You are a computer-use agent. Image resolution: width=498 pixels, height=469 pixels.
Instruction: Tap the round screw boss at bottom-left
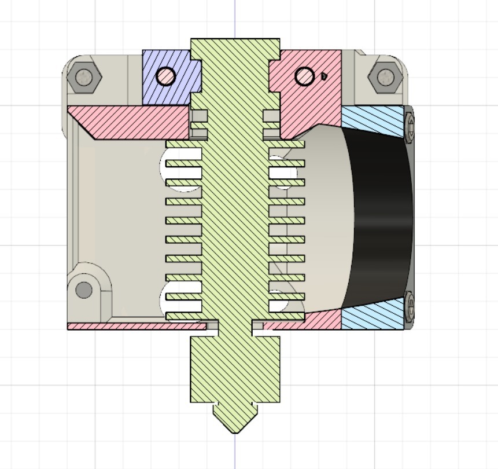pos(84,290)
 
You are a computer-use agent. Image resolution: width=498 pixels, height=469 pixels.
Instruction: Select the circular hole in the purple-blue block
pos(166,76)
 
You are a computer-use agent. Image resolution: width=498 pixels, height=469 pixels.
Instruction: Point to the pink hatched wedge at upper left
pos(133,122)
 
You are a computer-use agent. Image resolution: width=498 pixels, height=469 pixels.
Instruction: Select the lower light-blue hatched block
pos(373,316)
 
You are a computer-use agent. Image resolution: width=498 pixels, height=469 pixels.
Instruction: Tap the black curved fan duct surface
pos(379,220)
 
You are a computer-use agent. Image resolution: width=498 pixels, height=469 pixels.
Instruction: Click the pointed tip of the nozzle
pos(235,430)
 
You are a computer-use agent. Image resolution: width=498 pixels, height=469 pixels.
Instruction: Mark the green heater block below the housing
pos(235,371)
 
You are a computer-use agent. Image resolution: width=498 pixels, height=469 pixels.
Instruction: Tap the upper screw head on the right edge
pos(410,125)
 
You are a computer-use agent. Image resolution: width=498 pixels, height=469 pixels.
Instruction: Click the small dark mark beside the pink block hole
pos(324,75)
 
